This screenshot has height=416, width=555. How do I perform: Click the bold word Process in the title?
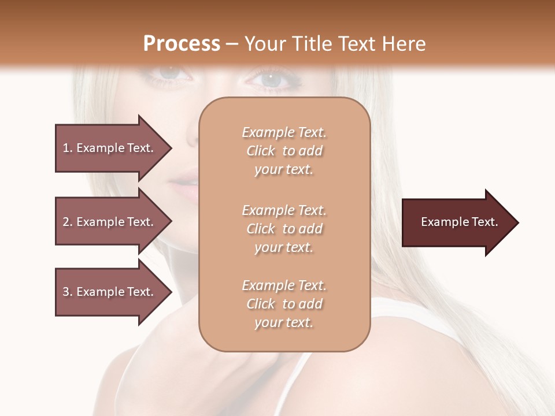(182, 44)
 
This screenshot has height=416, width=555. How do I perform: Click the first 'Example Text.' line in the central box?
(284, 132)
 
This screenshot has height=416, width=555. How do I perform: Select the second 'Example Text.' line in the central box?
(284, 210)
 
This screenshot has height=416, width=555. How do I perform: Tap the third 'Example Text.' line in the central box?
(284, 285)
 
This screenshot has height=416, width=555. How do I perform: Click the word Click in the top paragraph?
(261, 151)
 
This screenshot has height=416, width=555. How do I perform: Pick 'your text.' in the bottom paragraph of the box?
(284, 322)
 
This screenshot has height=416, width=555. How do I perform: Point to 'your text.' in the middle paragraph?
(284, 247)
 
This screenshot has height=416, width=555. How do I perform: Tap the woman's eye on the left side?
(168, 74)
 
